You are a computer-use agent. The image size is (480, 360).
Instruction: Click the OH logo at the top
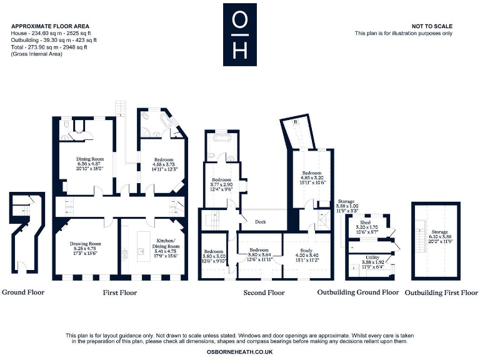pyautogui.click(x=239, y=34)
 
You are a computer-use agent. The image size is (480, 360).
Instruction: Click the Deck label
pyautogui.click(x=260, y=221)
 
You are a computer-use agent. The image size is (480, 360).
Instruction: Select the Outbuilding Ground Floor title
pyautogui.click(x=357, y=292)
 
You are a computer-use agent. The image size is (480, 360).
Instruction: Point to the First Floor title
pyautogui.click(x=119, y=292)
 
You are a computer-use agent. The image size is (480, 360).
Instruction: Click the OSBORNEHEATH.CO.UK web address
pyautogui.click(x=239, y=352)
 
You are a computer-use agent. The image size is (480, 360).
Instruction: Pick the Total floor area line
pyautogui.click(x=49, y=47)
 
